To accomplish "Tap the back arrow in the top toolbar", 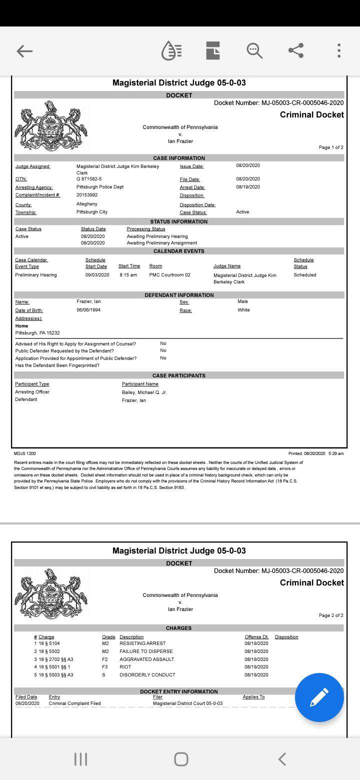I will click(24, 50).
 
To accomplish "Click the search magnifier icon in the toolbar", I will click(254, 50).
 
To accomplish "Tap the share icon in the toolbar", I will click(296, 50).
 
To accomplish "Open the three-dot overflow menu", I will click(339, 50).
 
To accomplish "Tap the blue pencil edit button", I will click(319, 697).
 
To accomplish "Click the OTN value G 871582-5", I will click(89, 179).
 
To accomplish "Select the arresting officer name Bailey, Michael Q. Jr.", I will click(144, 392).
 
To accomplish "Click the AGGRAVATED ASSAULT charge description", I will click(147, 659).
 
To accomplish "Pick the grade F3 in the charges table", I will click(105, 667).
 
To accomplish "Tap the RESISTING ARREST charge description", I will click(142, 643).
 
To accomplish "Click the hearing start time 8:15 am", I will click(128, 275).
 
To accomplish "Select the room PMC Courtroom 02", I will click(169, 275).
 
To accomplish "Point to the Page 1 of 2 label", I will click(331, 147).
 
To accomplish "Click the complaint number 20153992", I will click(87, 195).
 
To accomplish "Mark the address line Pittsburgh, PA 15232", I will click(37, 333).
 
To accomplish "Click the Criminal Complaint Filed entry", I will click(74, 703).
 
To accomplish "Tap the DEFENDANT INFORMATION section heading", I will click(179, 295).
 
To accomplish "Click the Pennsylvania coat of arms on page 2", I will click(50, 593).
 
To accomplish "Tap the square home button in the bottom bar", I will click(181, 759).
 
